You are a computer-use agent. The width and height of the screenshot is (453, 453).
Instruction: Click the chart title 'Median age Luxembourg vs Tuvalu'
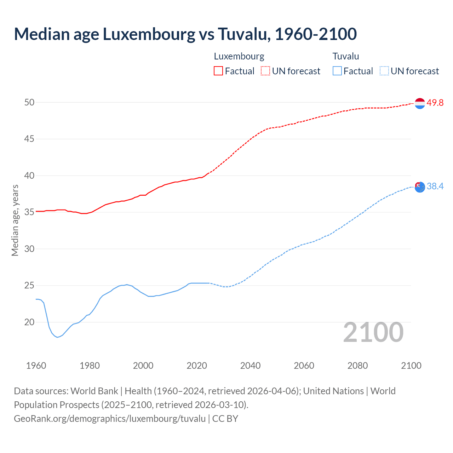pos(185,34)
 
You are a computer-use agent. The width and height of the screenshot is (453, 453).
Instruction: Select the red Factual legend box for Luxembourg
pos(218,71)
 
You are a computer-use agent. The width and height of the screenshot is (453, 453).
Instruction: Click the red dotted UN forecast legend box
pos(265,71)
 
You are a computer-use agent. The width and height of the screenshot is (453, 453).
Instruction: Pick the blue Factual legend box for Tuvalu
pos(337,71)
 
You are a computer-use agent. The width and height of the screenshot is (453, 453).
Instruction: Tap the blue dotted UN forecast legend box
pos(384,71)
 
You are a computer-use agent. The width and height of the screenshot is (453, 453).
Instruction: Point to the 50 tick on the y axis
pos(29,102)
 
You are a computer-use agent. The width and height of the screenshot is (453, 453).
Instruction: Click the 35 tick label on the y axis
pos(29,212)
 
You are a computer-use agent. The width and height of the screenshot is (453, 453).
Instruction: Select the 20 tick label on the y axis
pos(29,322)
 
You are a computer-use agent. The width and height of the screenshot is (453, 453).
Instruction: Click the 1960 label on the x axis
pos(36,366)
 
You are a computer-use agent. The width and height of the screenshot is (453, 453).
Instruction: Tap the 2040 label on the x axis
pos(250,366)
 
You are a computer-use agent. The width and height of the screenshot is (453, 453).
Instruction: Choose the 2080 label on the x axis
pos(357,366)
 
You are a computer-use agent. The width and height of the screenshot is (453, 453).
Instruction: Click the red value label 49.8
pos(435,103)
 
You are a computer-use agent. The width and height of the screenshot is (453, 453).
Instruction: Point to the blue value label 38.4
pos(435,186)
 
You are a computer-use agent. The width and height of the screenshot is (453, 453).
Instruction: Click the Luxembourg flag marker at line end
pos(420,103)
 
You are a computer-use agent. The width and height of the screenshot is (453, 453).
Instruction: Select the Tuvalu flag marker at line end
pos(420,187)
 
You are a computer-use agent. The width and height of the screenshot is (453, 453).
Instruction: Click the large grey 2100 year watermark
pos(373,332)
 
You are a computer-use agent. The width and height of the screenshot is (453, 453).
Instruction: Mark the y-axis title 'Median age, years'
pos(15,220)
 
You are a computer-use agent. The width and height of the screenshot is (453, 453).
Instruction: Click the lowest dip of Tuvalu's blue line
pos(57,337)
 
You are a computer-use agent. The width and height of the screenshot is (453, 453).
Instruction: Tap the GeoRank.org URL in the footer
pos(110,418)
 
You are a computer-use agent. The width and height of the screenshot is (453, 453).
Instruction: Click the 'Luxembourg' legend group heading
pos(239,56)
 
